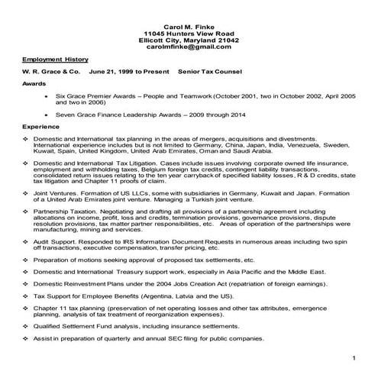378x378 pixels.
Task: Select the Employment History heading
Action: click(x=55, y=59)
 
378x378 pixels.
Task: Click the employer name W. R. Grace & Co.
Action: click(x=51, y=72)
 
